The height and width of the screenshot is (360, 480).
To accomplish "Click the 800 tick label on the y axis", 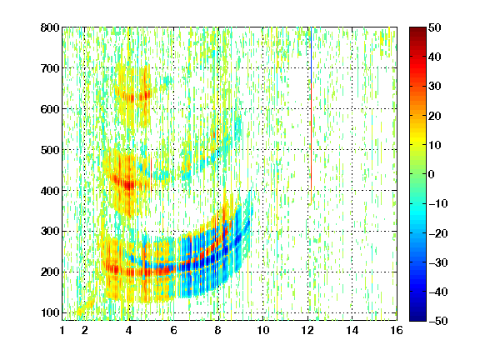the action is (50, 27).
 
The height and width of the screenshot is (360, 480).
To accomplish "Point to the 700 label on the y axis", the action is (50, 68).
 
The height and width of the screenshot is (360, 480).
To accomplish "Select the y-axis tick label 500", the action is (50, 150).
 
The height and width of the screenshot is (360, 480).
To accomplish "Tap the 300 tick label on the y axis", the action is (50, 232).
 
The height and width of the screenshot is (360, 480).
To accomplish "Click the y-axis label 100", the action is (50, 312).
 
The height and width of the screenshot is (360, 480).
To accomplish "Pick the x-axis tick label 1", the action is (62, 330).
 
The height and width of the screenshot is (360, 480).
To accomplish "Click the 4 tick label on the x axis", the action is (129, 330).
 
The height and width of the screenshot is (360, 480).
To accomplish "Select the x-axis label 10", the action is (263, 330).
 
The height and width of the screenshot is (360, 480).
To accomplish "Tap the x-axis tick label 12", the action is (307, 330).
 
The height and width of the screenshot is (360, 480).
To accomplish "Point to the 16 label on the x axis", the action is (397, 330).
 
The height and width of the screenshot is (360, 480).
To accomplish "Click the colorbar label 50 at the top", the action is (434, 27).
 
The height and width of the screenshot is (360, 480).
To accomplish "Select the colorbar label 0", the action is (432, 174).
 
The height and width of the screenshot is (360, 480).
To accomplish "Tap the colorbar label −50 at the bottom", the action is (437, 321).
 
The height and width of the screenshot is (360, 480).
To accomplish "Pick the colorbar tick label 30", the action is (434, 87).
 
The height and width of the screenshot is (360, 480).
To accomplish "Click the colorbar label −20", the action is (437, 233).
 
